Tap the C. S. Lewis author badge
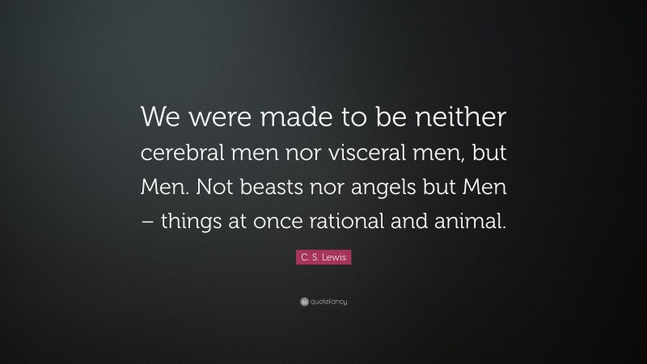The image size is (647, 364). (x=323, y=257)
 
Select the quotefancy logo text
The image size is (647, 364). (x=327, y=302)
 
